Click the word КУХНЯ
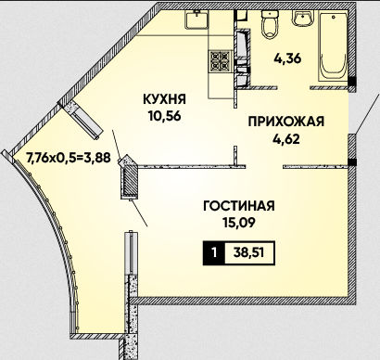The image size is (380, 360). (x=164, y=99)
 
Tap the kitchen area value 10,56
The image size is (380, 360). (x=164, y=116)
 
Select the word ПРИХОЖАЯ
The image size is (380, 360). (x=286, y=122)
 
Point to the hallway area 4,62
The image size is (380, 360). (x=286, y=139)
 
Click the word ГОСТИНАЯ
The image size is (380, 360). (x=239, y=206)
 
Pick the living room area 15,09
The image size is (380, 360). (x=239, y=223)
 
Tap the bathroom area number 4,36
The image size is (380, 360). (x=287, y=58)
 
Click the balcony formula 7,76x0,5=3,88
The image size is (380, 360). (x=69, y=158)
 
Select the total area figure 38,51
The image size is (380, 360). (x=248, y=253)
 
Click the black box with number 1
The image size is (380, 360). (x=214, y=253)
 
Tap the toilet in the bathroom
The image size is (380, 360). (x=270, y=24)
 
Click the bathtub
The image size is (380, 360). (x=333, y=46)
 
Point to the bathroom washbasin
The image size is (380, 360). (x=303, y=19)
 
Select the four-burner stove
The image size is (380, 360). (x=221, y=60)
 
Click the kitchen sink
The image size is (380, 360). (x=196, y=19)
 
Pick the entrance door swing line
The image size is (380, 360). (x=367, y=113)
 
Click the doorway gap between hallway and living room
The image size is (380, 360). (x=264, y=167)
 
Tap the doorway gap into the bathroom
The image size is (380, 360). (x=294, y=88)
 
